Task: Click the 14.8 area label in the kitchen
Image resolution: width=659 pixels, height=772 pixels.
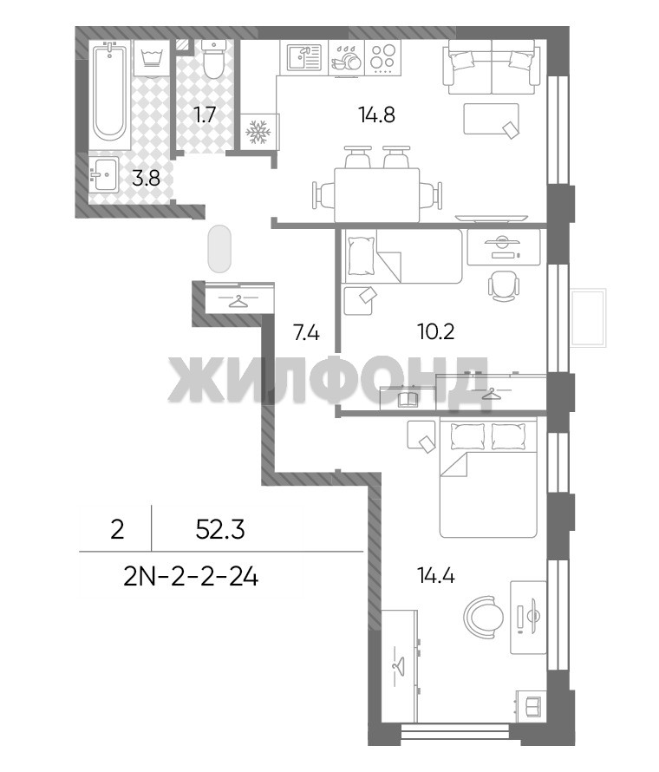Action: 377,114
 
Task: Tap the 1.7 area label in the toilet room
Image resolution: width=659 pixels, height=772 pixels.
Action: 205,114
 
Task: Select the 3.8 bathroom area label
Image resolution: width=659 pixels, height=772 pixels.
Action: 146,178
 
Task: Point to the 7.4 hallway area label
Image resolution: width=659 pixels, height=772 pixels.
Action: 306,333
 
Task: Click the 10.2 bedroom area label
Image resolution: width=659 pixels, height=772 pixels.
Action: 435,332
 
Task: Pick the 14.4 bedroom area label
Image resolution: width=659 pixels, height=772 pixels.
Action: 435,575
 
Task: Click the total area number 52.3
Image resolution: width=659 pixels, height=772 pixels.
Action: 220,530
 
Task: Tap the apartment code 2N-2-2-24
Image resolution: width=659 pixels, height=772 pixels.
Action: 191,577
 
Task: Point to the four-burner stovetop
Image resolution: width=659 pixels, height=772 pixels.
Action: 382,57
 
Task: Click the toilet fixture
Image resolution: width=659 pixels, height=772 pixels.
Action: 213,60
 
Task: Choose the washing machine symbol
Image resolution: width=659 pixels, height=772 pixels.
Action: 152,58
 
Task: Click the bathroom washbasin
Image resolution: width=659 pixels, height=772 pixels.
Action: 104,174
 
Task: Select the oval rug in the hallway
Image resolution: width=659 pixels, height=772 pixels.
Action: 219,249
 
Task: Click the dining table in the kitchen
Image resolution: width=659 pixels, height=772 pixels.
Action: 377,195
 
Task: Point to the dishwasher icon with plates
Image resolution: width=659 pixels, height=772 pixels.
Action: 347,58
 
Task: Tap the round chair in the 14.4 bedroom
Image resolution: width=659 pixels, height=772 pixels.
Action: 484,617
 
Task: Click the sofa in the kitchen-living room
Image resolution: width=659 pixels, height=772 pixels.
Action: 490,67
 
